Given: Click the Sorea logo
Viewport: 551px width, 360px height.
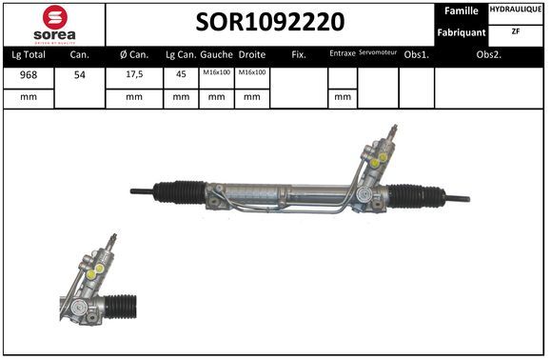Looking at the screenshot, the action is click(x=54, y=25).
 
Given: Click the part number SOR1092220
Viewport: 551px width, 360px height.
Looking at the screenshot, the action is click(x=270, y=22).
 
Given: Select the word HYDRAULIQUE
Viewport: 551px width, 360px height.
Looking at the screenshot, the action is click(x=516, y=10).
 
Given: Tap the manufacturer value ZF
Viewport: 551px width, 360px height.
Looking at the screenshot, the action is click(x=516, y=31).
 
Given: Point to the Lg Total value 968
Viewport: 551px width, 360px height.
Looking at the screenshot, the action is click(x=29, y=75).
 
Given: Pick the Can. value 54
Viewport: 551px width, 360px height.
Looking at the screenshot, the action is click(x=80, y=75).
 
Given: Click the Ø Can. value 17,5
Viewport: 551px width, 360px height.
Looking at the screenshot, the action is click(x=134, y=74).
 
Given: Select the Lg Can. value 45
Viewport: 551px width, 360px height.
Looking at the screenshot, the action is click(x=181, y=74).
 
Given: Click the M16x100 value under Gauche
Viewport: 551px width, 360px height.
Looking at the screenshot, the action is click(x=216, y=72).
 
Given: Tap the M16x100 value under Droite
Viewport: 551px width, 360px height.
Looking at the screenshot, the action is click(x=252, y=72).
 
